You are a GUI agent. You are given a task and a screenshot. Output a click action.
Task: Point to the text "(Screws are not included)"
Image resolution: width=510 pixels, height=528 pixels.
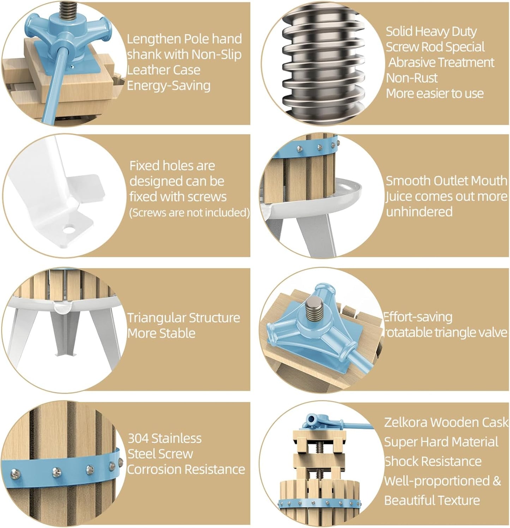pyautogui.click(x=190, y=213)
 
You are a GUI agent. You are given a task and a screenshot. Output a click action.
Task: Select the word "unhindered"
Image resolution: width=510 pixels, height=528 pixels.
pyautogui.click(x=419, y=212)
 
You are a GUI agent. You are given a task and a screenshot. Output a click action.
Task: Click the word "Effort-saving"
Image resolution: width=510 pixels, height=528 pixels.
pyautogui.click(x=418, y=317)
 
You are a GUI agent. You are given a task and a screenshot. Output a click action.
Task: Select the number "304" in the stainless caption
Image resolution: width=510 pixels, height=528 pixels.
pyautogui.click(x=138, y=438)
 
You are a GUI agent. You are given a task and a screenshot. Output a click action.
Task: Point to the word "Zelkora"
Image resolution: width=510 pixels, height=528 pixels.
pyautogui.click(x=406, y=423)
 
